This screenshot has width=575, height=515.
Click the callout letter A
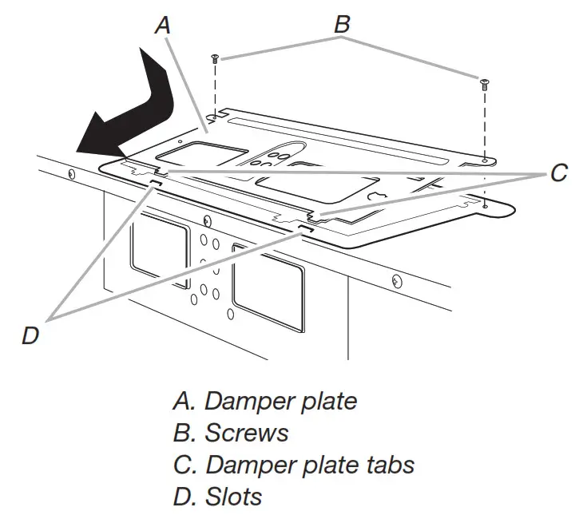162,25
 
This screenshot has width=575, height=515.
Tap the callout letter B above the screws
341,23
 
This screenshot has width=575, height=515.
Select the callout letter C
558,172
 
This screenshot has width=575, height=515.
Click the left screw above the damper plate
215,59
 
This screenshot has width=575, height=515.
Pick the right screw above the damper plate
483,81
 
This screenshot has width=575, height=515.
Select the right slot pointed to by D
304,228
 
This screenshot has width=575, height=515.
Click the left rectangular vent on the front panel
160,252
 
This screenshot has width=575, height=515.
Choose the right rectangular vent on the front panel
267,287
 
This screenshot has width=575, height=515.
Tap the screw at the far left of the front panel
73,173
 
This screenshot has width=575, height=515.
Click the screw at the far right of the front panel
396,279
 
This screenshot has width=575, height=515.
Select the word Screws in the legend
246,432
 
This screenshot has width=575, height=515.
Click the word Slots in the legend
233,496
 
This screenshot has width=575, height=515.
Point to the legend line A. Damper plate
265,400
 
